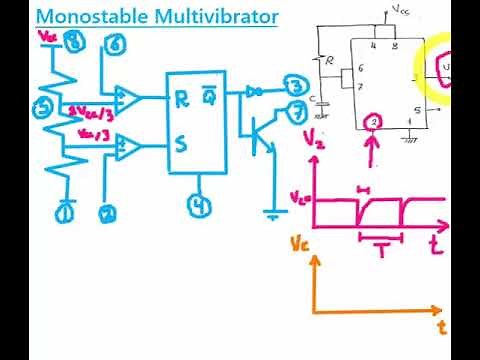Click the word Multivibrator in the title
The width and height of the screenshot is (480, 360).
point(214,18)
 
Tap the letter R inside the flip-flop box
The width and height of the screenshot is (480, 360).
point(182,99)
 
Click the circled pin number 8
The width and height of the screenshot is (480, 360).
point(73,41)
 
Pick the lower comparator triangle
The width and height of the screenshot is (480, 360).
point(127,148)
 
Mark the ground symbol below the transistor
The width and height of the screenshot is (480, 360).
point(271,212)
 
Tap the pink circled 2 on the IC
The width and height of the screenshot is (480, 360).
point(373,123)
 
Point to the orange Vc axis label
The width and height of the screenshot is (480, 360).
point(299,243)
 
